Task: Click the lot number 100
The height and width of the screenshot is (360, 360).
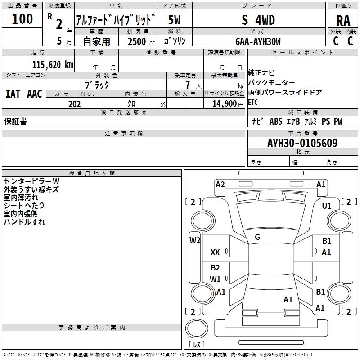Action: pyautogui.click(x=22, y=19)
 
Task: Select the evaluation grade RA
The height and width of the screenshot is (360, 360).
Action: pyautogui.click(x=343, y=21)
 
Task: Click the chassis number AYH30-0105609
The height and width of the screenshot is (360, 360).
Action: pyautogui.click(x=302, y=144)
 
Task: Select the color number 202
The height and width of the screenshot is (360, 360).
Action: pyautogui.click(x=74, y=104)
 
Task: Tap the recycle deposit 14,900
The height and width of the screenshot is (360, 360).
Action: pyautogui.click(x=224, y=104)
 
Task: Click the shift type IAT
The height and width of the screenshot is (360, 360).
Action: pyautogui.click(x=13, y=94)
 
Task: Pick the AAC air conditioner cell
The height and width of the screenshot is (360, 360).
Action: pyautogui.click(x=34, y=94)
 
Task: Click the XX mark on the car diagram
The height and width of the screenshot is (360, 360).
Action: pyautogui.click(x=215, y=253)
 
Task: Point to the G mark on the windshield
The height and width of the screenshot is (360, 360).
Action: pyautogui.click(x=257, y=237)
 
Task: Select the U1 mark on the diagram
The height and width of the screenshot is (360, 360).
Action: pyautogui.click(x=326, y=206)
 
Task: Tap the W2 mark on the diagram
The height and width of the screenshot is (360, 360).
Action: pyautogui.click(x=195, y=240)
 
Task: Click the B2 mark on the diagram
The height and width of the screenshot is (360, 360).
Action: pyautogui.click(x=215, y=268)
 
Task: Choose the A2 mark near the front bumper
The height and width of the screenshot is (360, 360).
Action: pyautogui.click(x=220, y=184)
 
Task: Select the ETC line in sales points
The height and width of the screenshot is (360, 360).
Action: pyautogui.click(x=253, y=102)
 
